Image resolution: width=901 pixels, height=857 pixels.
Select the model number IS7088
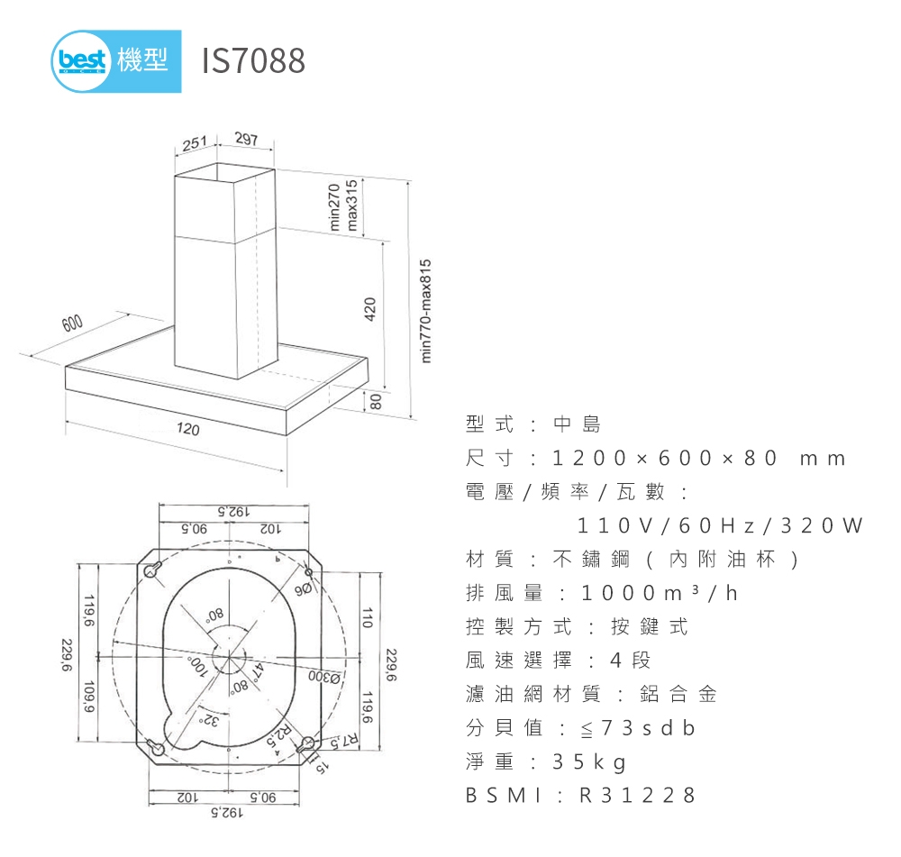[x=253, y=61]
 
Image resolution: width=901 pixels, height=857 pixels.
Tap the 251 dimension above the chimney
[x=194, y=143]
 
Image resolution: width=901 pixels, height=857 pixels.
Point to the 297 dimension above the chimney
[x=245, y=140]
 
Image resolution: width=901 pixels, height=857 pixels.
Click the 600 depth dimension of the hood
[x=72, y=325]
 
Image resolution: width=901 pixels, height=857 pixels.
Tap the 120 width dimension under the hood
[x=187, y=430]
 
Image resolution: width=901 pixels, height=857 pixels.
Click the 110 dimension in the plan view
[x=368, y=616]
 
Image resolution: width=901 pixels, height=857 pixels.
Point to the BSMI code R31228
[x=637, y=796]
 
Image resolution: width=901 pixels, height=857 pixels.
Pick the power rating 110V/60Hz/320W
[x=720, y=524]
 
